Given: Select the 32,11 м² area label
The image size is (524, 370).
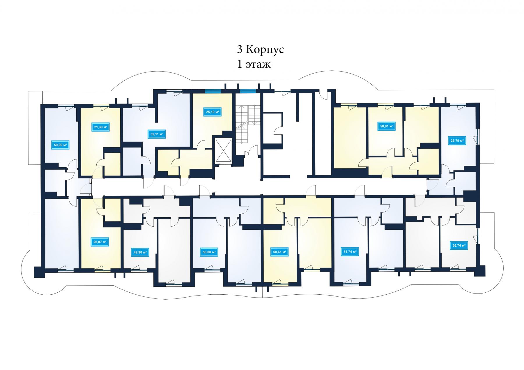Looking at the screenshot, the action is pyautogui.click(x=157, y=134).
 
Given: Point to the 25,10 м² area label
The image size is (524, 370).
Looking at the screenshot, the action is pyautogui.click(x=213, y=112).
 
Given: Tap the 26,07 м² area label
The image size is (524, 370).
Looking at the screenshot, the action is pyautogui.click(x=100, y=242).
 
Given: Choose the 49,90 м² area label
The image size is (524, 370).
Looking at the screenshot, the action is pyautogui.click(x=140, y=252).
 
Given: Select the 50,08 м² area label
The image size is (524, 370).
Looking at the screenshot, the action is pyautogui.click(x=209, y=252).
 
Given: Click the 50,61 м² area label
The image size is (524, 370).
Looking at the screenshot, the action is pyautogui.click(x=279, y=252).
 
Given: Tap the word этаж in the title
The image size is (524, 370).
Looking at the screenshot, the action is pyautogui.click(x=258, y=65).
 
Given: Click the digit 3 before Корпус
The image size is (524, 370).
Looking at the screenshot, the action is pyautogui.click(x=240, y=50).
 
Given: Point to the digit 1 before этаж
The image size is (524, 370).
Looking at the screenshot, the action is pyautogui.click(x=240, y=64).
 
